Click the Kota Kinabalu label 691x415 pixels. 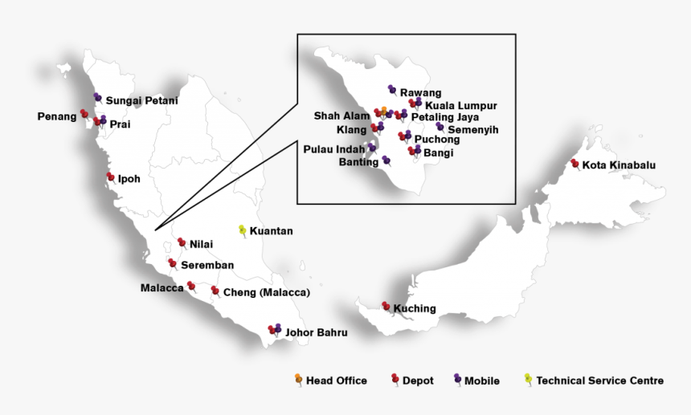619,165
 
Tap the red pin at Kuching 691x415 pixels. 386,306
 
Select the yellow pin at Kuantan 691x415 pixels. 243,230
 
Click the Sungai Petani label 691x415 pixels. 141,100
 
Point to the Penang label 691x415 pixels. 56,116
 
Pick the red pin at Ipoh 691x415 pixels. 110,177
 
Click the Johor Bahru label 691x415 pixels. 316,332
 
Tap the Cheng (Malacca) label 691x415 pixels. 266,292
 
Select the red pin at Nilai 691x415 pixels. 182,242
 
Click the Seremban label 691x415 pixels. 206,265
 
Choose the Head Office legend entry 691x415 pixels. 336,380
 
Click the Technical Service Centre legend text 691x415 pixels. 599,380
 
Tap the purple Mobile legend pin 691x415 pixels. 457,378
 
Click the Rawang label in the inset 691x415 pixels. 420,93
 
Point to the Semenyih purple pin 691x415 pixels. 440,126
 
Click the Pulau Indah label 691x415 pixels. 334,149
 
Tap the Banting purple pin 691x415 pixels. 386,159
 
